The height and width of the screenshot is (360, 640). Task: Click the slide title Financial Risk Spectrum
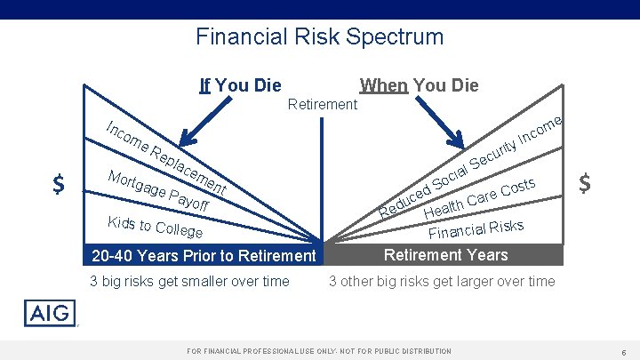319,36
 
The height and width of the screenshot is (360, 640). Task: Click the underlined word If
205,85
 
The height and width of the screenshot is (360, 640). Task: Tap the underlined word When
383,85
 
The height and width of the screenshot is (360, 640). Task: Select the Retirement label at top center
323,104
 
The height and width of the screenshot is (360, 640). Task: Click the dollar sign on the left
58,184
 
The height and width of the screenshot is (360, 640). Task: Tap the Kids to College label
154,227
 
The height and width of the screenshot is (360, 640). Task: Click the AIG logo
51,313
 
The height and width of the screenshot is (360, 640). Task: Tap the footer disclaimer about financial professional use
319,352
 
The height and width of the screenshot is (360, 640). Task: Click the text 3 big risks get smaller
189,282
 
